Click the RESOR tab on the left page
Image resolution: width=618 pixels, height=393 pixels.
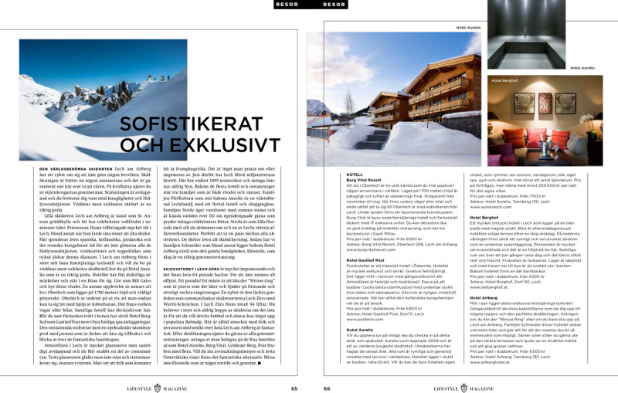click(x=288, y=5)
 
